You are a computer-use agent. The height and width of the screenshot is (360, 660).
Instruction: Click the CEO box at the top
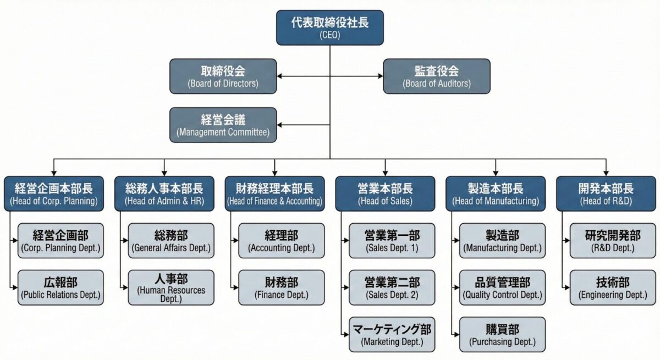[x=329, y=27]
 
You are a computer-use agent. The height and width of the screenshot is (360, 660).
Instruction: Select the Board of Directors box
[x=223, y=76]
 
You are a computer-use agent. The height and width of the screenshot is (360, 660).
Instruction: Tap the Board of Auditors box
[x=436, y=76]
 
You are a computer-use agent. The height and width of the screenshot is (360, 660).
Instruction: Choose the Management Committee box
[x=223, y=125]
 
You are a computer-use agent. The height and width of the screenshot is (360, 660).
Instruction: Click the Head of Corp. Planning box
[x=53, y=193]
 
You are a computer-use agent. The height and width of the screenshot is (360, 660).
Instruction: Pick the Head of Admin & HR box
[x=164, y=193]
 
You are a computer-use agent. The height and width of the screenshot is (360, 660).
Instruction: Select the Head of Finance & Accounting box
[x=274, y=193]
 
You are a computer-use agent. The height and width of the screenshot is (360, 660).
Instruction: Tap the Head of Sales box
[x=385, y=193]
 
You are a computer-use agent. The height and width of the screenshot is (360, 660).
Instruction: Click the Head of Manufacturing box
[x=496, y=193]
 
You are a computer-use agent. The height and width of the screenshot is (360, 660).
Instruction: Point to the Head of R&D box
[x=606, y=193]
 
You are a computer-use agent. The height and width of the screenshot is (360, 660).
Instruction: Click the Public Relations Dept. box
[x=61, y=287]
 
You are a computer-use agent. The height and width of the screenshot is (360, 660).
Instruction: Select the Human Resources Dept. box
[x=171, y=287]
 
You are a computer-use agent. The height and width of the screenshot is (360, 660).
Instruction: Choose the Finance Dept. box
[x=282, y=287]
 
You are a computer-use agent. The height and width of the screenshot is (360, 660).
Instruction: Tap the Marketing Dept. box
[x=392, y=334]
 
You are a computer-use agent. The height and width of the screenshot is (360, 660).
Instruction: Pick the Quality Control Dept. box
[x=503, y=287]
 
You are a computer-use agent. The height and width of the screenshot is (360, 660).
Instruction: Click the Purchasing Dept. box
[x=503, y=334]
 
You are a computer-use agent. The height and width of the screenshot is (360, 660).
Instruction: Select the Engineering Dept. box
[x=613, y=287]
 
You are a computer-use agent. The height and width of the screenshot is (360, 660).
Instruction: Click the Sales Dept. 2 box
[x=392, y=287]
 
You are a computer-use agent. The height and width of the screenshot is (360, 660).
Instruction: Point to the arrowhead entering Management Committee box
[x=280, y=125]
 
